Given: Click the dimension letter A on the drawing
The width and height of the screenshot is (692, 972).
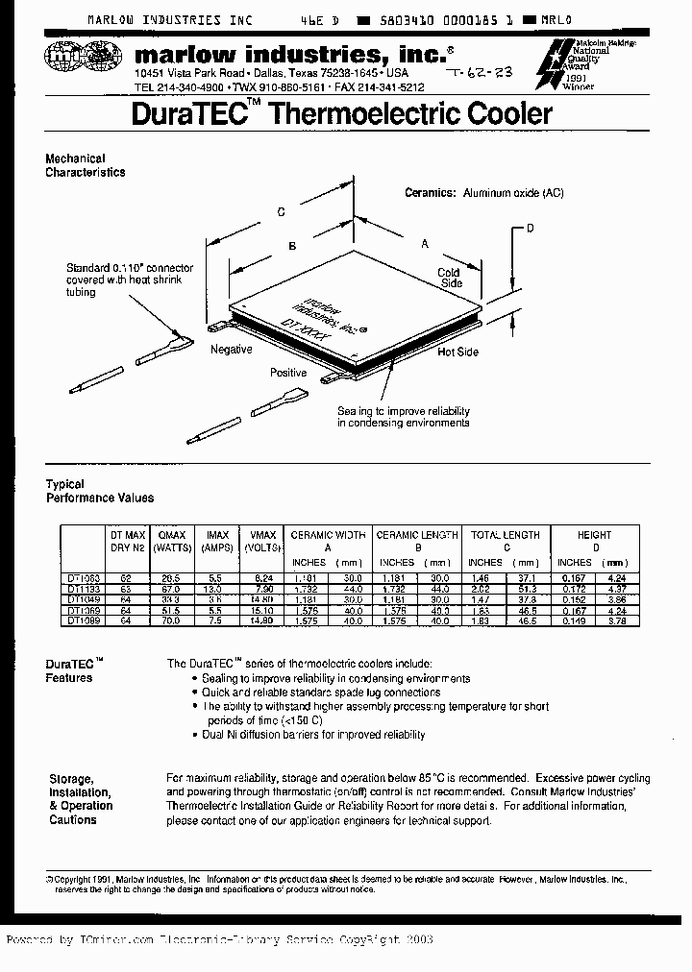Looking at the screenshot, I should coord(424,244).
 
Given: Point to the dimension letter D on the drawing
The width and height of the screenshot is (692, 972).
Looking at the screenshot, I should coord(529,228).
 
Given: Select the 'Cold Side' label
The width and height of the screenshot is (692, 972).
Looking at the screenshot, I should coord(450,278).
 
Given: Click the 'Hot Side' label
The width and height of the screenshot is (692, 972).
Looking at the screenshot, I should coord(457,352).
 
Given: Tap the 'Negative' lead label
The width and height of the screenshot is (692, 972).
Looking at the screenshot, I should coord(231,350).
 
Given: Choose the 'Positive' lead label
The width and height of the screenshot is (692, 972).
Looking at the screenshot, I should coord(288,373).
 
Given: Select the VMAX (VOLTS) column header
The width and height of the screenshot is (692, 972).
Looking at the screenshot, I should coord(262,541).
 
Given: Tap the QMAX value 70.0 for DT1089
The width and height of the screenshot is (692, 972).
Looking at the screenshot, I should coord(172,620).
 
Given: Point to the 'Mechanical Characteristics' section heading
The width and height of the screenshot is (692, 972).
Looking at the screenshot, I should coord(86,165).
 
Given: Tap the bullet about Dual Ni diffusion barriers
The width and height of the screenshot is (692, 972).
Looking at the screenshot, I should coord(313,735).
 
